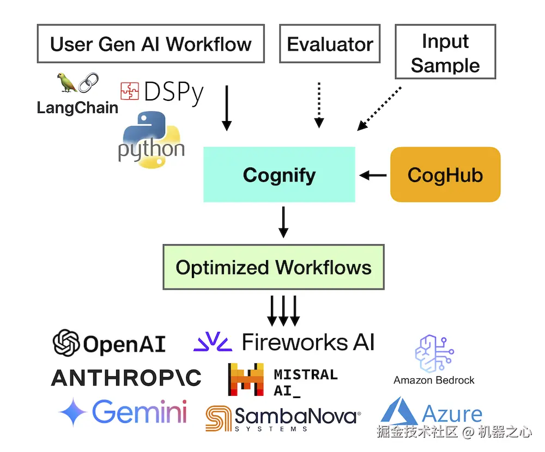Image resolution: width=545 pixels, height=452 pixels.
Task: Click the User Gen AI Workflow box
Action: click(x=150, y=44)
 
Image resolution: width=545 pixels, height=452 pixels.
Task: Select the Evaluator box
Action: click(x=330, y=44)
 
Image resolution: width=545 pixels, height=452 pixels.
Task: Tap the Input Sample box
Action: click(x=445, y=53)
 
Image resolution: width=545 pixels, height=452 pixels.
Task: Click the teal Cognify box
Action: click(x=279, y=174)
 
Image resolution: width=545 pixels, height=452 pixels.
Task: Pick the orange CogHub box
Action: click(x=445, y=174)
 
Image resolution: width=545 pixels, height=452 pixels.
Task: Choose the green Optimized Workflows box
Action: click(x=274, y=267)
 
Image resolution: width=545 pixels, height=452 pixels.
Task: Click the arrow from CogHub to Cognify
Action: click(x=373, y=175)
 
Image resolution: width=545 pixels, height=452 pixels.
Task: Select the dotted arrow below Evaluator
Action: click(x=319, y=105)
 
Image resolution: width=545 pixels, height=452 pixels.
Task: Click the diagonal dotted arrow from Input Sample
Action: click(x=379, y=109)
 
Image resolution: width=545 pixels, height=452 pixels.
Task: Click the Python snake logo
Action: click(x=151, y=138)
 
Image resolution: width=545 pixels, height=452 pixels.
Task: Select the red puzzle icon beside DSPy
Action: click(x=130, y=91)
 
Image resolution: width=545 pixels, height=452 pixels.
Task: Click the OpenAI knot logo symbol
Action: click(x=66, y=343)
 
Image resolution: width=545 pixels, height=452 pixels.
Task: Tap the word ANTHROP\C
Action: click(x=126, y=377)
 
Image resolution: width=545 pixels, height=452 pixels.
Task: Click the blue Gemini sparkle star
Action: click(x=72, y=412)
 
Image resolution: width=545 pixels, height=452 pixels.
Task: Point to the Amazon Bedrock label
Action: click(x=434, y=380)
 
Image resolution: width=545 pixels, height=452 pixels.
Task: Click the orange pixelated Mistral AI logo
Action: click(x=246, y=379)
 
